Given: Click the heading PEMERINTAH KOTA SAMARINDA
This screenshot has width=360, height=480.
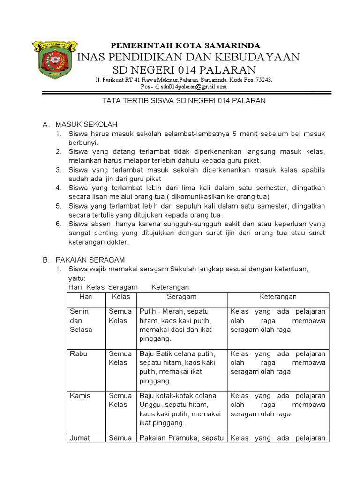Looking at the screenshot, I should click(x=185, y=45).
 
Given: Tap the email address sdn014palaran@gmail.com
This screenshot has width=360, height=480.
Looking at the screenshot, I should click(x=194, y=87).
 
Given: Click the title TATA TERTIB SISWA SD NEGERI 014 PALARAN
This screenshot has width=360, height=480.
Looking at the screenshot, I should click(x=184, y=100).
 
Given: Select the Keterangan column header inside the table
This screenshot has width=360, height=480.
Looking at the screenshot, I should click(x=278, y=297).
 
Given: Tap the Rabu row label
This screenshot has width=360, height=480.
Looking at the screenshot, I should click(x=77, y=353).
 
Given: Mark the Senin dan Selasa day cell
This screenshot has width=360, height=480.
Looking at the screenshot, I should click(x=81, y=320).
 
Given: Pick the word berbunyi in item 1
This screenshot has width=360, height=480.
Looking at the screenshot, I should click(x=82, y=142).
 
